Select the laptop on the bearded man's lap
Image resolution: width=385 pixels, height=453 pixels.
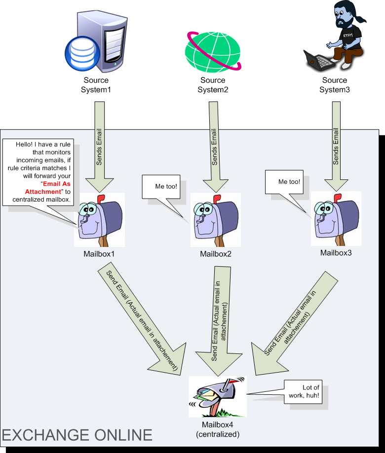point(318,59)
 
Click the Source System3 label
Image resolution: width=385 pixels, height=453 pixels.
point(334,85)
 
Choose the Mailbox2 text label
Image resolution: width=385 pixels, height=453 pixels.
point(216,254)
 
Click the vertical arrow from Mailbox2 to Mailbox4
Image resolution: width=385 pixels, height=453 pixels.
point(220,320)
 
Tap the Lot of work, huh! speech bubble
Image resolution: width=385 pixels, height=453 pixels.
point(305,393)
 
